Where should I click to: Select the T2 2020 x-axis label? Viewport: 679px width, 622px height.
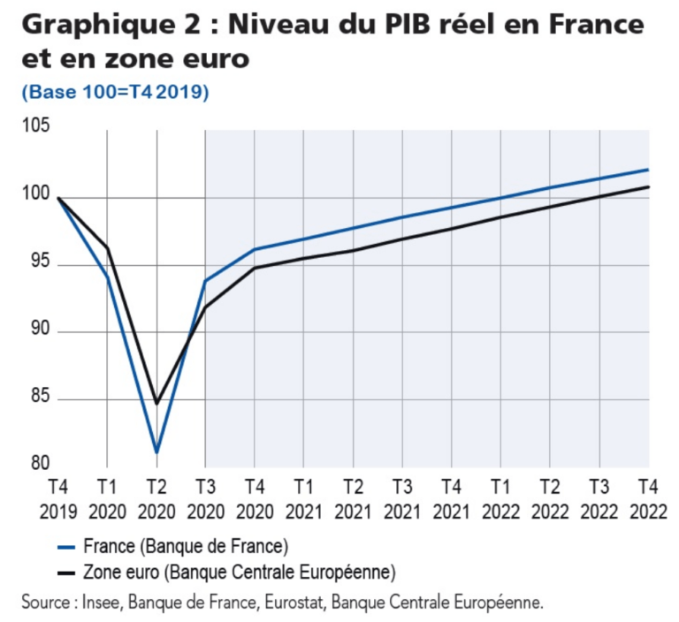[x=156, y=498]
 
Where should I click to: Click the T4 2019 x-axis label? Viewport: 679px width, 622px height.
[x=57, y=498]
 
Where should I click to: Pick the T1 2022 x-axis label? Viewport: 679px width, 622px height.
[x=500, y=498]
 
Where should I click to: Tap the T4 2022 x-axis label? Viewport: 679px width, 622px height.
[x=648, y=498]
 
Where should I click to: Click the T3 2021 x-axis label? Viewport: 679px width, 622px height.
[x=402, y=498]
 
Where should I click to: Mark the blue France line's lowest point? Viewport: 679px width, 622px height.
[x=156, y=452]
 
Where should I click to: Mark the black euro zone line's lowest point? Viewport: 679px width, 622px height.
[x=156, y=403]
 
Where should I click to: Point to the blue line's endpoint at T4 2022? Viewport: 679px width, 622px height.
[x=648, y=170]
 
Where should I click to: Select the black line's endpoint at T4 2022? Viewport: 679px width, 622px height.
[x=648, y=186]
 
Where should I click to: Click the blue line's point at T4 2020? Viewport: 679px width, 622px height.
[x=255, y=249]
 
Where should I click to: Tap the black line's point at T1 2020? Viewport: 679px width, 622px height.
[x=107, y=247]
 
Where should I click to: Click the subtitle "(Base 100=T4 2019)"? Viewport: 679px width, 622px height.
[x=115, y=92]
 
